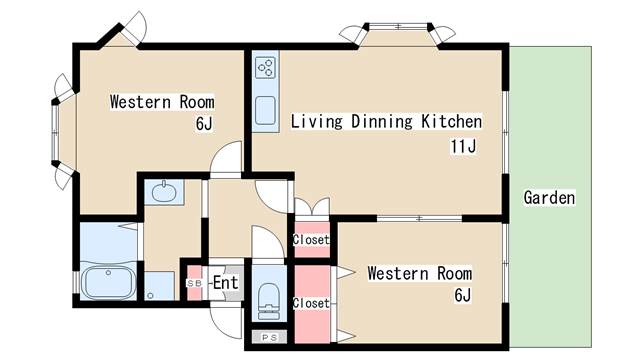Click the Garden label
(x=549, y=198)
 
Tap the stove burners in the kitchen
(x=265, y=68)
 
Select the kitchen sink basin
(x=265, y=110)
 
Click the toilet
(x=269, y=301)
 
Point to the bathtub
(x=109, y=282)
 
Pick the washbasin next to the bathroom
(x=164, y=191)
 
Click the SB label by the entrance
(x=194, y=283)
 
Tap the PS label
(x=269, y=338)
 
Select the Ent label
(x=226, y=282)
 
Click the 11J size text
(x=463, y=146)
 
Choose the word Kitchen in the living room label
(x=451, y=121)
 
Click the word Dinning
(x=382, y=122)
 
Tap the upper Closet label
(x=311, y=240)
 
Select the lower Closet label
(x=311, y=303)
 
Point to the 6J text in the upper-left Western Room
(x=204, y=123)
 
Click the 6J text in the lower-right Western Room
(x=463, y=295)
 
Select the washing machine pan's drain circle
(x=150, y=296)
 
